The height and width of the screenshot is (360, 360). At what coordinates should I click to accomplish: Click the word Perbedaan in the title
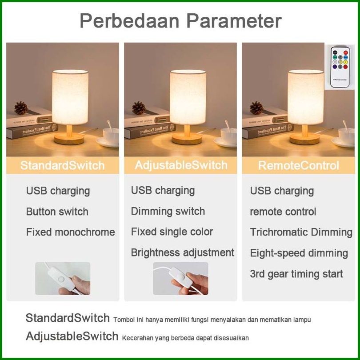pos(129,21)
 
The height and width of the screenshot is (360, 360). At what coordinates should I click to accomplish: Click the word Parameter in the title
pos(234,21)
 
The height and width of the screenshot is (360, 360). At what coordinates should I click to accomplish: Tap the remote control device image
pos(340,67)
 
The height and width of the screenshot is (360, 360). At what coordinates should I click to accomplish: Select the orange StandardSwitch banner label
pos(63,165)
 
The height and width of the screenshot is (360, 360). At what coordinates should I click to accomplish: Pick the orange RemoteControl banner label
pos(299,165)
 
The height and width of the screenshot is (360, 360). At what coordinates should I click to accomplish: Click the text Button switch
pos(57,212)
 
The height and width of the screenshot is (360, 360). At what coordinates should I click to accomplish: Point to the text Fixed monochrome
pos(71,232)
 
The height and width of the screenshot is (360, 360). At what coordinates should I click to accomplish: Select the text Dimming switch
pos(168,211)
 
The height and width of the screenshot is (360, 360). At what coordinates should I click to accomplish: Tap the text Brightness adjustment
pos(183,252)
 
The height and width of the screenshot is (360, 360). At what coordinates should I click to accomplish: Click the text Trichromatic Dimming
pos(301,232)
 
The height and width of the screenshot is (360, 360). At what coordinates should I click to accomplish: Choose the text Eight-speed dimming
pos(299,253)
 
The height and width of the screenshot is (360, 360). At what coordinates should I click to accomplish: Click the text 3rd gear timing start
pos(296,274)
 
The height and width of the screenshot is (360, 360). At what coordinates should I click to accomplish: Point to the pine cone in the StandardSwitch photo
pos(21,108)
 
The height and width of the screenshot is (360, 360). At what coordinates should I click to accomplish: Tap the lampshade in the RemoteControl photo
pos(306,97)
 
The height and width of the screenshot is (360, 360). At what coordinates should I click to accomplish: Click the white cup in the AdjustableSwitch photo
pos(228,136)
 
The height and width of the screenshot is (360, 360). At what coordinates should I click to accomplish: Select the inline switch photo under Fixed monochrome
pos(63,279)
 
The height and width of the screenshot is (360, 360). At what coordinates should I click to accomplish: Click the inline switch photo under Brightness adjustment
pos(181,279)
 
